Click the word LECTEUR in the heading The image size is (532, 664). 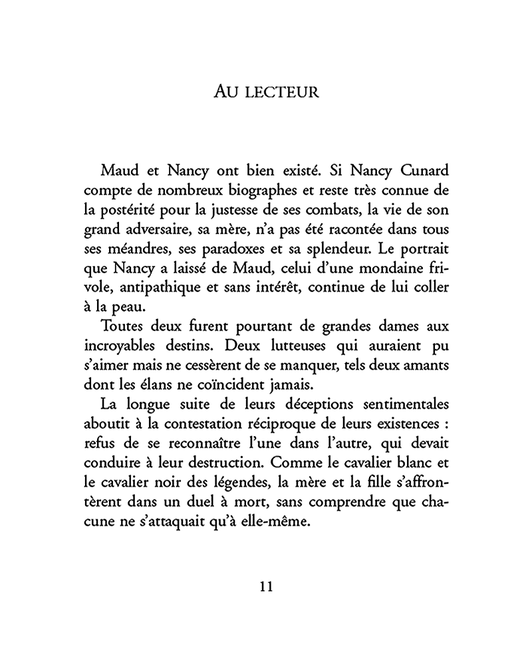(281, 92)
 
